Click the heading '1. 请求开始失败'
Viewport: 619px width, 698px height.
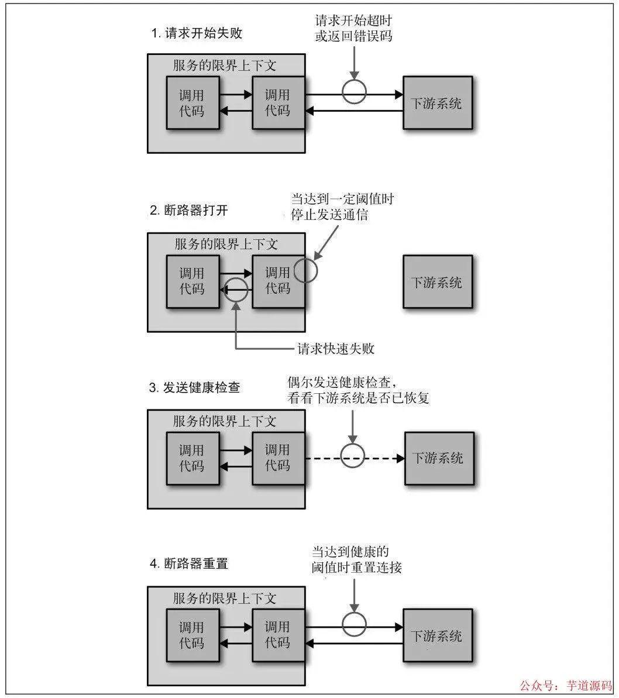pyautogui.click(x=197, y=33)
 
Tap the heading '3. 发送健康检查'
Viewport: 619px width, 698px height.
pyautogui.click(x=195, y=387)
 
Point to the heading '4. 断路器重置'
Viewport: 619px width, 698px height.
pyautogui.click(x=188, y=564)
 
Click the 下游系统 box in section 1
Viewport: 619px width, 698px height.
pyautogui.click(x=438, y=102)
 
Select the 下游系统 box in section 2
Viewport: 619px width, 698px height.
pyautogui.click(x=438, y=281)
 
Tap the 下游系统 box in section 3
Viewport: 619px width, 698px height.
pyautogui.click(x=439, y=458)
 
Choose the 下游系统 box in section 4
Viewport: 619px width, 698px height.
pyautogui.click(x=438, y=635)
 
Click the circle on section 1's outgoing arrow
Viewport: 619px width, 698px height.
pyautogui.click(x=354, y=93)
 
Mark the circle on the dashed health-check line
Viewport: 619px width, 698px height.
pyautogui.click(x=353, y=456)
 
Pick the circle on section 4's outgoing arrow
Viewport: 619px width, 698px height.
pyautogui.click(x=354, y=624)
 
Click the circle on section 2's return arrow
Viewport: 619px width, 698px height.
pyautogui.click(x=236, y=289)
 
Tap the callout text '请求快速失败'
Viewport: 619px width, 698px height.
pyautogui.click(x=336, y=349)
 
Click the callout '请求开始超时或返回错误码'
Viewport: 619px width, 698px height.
pyautogui.click(x=353, y=28)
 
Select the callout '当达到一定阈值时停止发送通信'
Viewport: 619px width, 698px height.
pyautogui.click(x=343, y=207)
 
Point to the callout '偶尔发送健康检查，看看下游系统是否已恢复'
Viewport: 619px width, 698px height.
pyautogui.click(x=358, y=390)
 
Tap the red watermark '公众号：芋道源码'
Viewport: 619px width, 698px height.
pyautogui.click(x=565, y=685)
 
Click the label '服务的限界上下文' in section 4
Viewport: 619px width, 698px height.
pyautogui.click(x=225, y=599)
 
